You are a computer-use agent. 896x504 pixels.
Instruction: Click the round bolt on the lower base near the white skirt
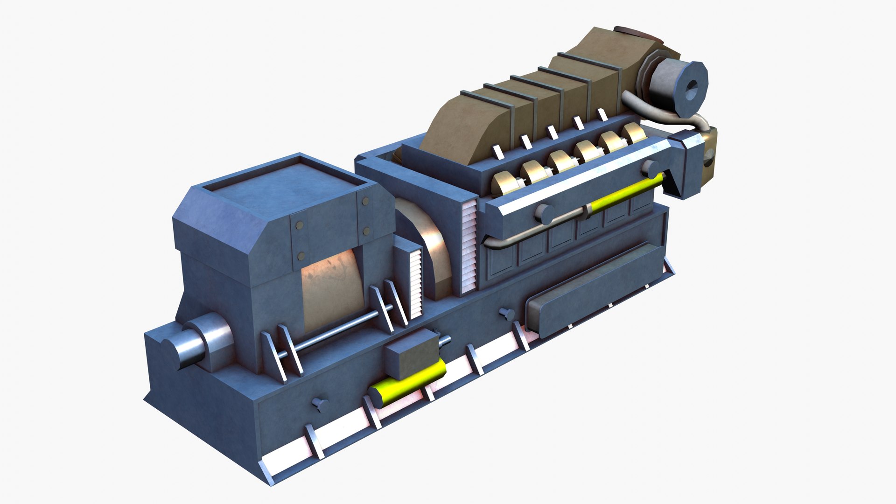click(320, 404)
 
